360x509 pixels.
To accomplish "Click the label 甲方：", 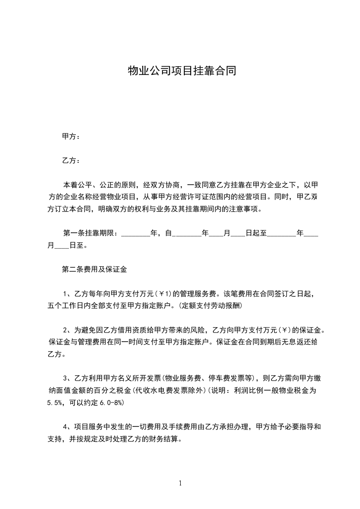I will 71,137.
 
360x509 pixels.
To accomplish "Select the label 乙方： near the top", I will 71,161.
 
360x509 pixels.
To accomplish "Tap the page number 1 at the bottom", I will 180,483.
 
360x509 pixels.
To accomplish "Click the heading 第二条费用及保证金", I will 94,269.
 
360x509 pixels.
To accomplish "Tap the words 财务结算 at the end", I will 167,438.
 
